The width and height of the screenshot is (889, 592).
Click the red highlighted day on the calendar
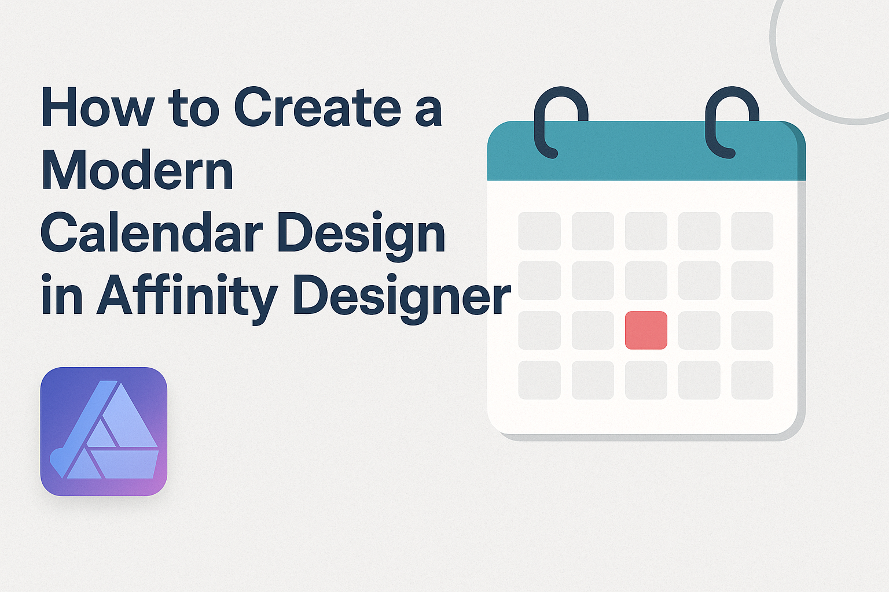[x=646, y=330]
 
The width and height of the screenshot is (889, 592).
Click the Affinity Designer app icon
[x=104, y=431]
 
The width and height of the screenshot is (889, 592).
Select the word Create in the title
[x=318, y=107]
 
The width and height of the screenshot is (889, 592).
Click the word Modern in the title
[x=137, y=170]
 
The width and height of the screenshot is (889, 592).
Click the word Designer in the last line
[x=401, y=295]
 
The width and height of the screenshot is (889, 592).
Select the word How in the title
[x=98, y=107]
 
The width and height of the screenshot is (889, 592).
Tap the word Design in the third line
[x=361, y=236]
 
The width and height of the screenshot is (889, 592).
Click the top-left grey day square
[x=539, y=231]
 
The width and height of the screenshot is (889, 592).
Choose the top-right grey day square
[x=752, y=231]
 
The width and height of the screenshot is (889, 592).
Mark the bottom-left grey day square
[x=539, y=380]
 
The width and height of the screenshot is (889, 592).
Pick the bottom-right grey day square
[x=752, y=380]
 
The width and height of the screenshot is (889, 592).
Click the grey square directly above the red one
[x=646, y=281]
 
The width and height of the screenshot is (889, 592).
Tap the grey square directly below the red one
[x=646, y=380]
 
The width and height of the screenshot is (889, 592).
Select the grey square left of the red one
[x=593, y=330]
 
